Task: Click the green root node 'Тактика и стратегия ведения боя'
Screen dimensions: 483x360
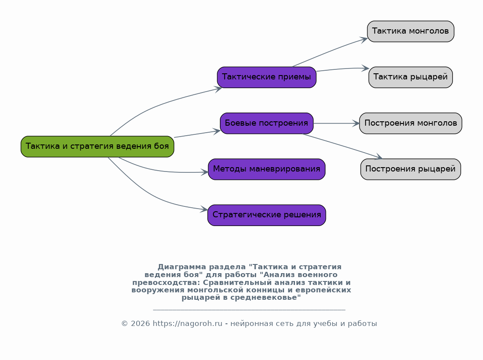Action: coord(97,147)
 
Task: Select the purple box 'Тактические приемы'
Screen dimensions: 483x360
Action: coord(267,77)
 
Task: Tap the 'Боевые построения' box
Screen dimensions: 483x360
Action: coord(267,123)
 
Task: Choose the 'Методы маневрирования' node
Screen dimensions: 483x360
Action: coord(267,169)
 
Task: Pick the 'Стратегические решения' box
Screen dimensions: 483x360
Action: coord(267,215)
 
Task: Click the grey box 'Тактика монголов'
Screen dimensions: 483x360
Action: coord(411,31)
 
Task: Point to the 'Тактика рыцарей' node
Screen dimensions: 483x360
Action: coord(411,77)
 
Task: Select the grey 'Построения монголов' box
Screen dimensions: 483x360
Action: coord(411,123)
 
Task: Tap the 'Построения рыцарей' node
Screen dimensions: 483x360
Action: coord(411,169)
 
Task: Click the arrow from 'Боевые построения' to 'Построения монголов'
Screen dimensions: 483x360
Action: coord(336,123)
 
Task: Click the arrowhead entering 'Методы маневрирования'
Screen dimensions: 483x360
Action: coord(205,172)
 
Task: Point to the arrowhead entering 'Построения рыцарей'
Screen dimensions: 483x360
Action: coord(378,157)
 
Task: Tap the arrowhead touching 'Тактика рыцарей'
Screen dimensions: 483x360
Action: coord(365,68)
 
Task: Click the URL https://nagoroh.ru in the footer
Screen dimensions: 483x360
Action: coord(187,324)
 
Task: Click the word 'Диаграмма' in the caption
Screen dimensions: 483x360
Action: coord(182,267)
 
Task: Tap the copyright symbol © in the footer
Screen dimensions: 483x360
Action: coord(124,324)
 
